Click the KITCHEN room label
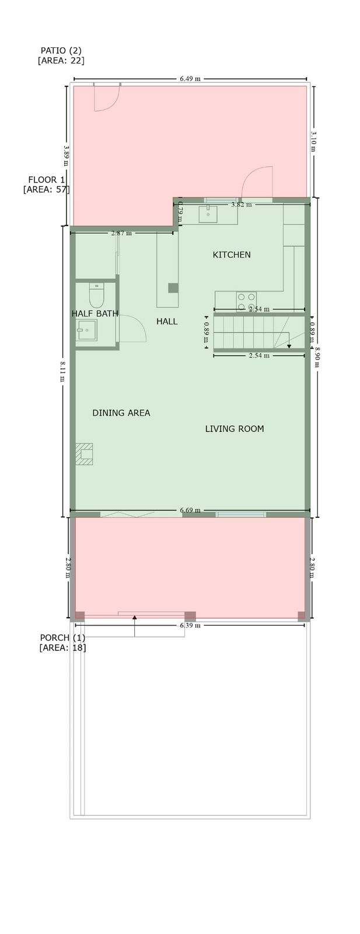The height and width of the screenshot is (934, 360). tap(232, 255)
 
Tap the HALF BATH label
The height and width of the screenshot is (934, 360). tap(95, 313)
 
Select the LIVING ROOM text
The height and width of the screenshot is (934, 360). tap(235, 428)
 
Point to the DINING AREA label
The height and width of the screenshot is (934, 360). tap(121, 413)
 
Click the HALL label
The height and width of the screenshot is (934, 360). tap(167, 322)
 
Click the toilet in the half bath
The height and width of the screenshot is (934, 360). tap(96, 295)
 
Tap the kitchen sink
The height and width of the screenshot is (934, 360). tap(208, 214)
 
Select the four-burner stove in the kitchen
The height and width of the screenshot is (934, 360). tap(246, 301)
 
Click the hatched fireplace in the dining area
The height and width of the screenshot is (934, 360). tap(84, 454)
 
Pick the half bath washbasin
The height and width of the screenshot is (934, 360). tap(86, 330)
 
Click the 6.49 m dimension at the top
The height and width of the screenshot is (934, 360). tap(190, 79)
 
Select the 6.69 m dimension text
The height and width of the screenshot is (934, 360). tap(190, 510)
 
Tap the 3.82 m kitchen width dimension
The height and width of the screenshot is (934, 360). tap(241, 204)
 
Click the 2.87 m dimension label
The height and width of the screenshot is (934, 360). tap(122, 233)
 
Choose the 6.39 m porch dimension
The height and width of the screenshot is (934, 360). tap(190, 625)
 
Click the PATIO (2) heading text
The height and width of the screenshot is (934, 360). tap(61, 50)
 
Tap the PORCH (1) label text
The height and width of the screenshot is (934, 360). tap(62, 638)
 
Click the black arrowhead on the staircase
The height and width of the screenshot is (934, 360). tap(289, 346)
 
